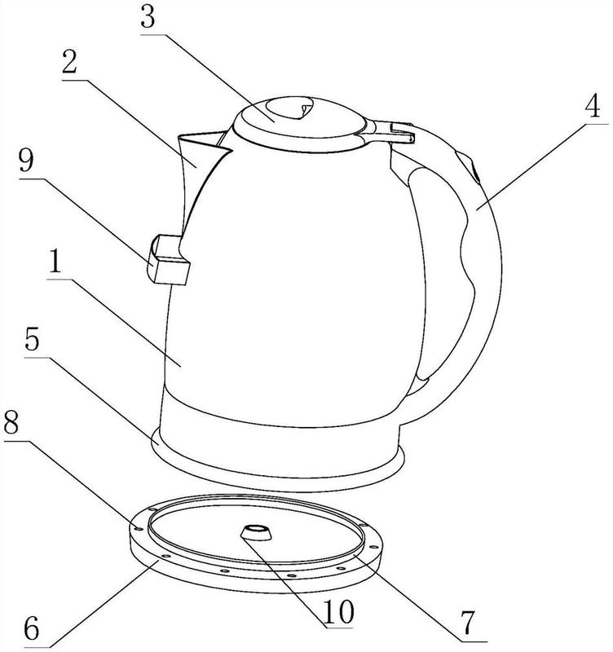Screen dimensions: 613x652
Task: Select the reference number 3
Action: (148, 18)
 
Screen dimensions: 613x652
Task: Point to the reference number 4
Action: (592, 106)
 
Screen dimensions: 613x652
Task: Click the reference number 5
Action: (32, 339)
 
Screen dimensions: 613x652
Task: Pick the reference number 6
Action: (32, 628)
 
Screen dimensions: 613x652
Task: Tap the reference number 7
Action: (468, 623)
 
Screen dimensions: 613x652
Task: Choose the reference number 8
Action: (11, 424)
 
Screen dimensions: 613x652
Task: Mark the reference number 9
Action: (26, 161)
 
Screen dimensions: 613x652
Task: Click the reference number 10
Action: (338, 611)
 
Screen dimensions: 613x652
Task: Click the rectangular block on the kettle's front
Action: (169, 260)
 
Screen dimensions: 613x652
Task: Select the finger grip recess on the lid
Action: (291, 108)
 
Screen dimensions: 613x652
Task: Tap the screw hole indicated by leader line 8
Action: (139, 529)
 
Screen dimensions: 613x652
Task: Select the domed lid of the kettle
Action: (300, 124)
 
